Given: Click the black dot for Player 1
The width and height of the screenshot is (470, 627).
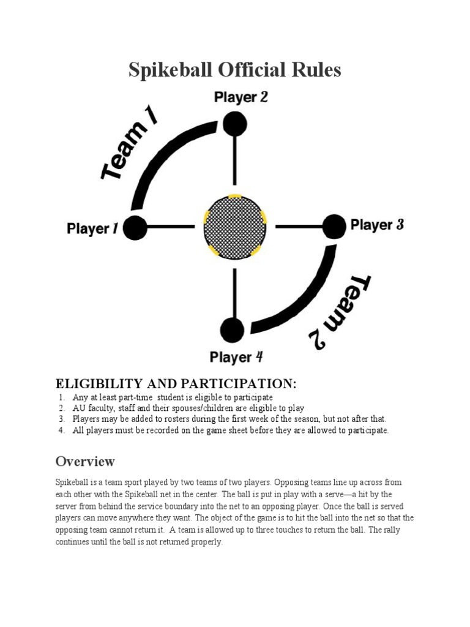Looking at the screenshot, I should click(x=136, y=228).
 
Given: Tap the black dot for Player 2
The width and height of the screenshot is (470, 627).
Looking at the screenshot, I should click(x=234, y=124).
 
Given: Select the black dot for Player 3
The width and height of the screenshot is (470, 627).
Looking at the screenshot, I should click(x=334, y=226).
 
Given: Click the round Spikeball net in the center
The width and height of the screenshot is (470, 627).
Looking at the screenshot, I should click(x=235, y=227).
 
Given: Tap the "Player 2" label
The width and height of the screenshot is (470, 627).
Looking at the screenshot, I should click(x=241, y=97).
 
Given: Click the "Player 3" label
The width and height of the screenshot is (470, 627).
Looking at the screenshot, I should click(x=377, y=225).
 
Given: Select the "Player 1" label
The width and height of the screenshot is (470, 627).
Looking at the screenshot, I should click(x=92, y=229).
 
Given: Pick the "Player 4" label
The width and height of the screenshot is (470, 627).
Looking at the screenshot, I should click(x=236, y=356).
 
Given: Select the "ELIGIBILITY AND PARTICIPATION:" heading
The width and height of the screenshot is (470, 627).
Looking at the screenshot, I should click(x=176, y=384).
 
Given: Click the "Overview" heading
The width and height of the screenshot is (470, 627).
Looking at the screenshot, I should click(x=85, y=461).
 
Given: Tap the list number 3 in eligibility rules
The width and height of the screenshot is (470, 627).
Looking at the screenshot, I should click(x=62, y=419).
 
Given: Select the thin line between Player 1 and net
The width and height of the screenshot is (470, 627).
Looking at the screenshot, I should click(x=171, y=227).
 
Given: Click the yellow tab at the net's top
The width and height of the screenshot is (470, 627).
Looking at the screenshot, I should click(x=235, y=197).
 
